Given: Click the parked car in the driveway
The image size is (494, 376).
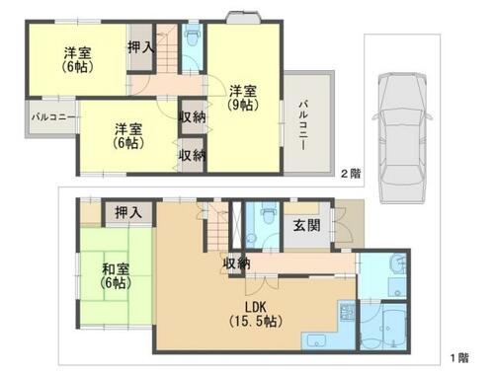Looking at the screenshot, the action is (402, 137).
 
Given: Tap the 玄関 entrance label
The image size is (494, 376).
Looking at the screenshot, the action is (306, 226).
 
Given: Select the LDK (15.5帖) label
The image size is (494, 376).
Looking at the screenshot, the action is (256, 314).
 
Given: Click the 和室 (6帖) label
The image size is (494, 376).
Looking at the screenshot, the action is (116, 276).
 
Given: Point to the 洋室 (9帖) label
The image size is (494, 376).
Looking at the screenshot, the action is (243, 98).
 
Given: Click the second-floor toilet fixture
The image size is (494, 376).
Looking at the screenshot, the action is (192, 38).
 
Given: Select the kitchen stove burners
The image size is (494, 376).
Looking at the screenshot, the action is (347, 312).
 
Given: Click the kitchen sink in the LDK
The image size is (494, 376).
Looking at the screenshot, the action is (315, 340).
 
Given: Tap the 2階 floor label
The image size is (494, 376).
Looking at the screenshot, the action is (351, 174).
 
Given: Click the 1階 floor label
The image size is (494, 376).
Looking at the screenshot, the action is (459, 357).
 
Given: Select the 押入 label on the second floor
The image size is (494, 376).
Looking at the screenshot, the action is (140, 47).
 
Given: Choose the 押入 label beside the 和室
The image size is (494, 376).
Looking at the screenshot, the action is (128, 212).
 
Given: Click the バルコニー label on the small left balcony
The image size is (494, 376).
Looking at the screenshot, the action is (53, 117).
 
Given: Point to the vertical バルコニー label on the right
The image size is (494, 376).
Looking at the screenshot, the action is (303, 126).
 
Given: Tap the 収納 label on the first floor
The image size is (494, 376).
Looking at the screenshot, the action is (236, 263).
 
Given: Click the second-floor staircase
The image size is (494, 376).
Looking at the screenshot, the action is (167, 49).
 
